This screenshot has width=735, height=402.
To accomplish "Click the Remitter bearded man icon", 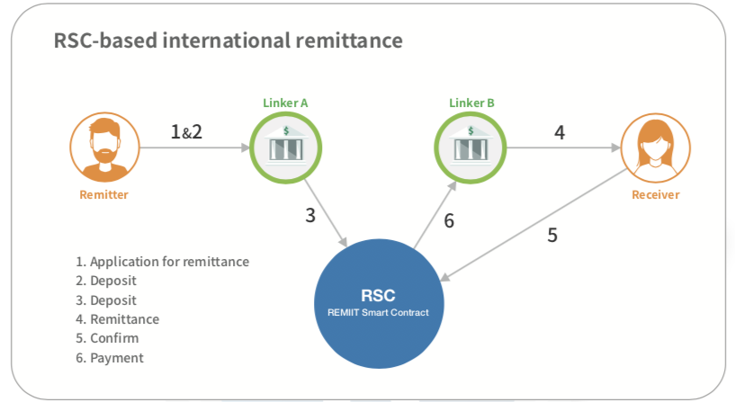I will click(x=104, y=147).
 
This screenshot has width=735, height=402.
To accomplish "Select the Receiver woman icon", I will click(x=655, y=147).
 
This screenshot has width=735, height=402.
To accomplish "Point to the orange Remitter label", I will click(x=105, y=195).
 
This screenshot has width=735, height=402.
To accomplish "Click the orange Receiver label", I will click(x=655, y=194).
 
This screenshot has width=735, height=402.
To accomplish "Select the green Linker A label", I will click(x=285, y=103).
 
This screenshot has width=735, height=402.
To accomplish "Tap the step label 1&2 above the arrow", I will click(x=186, y=132).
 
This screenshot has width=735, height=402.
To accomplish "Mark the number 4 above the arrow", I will click(x=560, y=132).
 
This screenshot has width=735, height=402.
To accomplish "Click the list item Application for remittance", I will click(x=162, y=262).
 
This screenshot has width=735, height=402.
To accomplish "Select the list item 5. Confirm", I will click(x=107, y=339).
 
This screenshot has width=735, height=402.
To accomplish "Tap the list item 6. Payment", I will click(x=110, y=358).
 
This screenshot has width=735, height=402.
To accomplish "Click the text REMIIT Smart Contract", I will click(x=377, y=312).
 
